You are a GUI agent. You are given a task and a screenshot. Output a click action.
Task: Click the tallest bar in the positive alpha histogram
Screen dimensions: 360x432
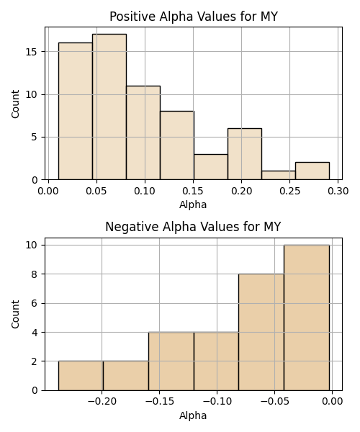point(109,107)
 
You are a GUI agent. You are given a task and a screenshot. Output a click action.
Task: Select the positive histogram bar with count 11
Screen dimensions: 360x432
point(143,132)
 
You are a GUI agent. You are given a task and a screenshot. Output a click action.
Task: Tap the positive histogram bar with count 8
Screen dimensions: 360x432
point(177,145)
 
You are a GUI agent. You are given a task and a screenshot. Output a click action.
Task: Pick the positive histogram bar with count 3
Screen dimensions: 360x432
point(211,167)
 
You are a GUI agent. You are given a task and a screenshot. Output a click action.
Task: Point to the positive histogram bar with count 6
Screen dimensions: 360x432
point(245,154)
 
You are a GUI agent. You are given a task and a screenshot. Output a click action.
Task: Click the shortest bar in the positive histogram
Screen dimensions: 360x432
point(279,175)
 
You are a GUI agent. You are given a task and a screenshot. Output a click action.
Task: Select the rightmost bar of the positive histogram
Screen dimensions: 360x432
point(312,171)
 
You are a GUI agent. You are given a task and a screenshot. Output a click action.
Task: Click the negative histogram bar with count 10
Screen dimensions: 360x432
point(307,318)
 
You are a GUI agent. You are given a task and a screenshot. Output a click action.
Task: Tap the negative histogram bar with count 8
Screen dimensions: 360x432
point(261,332)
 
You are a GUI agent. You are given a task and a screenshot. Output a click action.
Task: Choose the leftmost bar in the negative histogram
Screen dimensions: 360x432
point(81,376)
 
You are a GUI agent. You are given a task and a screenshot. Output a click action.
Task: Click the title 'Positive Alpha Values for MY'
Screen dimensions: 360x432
point(194,17)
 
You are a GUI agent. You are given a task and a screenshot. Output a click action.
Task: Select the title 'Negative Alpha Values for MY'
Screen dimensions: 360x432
point(193,227)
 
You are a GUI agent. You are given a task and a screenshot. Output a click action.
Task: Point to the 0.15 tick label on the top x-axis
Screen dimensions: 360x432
point(193,191)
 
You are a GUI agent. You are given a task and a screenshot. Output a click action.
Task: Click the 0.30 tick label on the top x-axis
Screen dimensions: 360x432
point(338,191)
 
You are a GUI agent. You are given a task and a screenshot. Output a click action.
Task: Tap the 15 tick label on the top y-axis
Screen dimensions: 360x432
point(32,52)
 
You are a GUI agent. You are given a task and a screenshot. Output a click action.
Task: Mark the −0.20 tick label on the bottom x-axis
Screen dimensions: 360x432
point(102,402)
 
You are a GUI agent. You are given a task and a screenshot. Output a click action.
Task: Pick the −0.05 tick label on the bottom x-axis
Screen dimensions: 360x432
point(274,402)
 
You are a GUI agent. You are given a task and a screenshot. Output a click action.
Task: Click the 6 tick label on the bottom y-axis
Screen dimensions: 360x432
point(35,303)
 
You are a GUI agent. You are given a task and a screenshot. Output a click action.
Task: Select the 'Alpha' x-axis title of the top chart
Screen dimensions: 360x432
point(193,204)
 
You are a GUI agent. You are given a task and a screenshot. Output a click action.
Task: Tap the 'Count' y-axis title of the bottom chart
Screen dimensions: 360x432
point(15,314)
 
